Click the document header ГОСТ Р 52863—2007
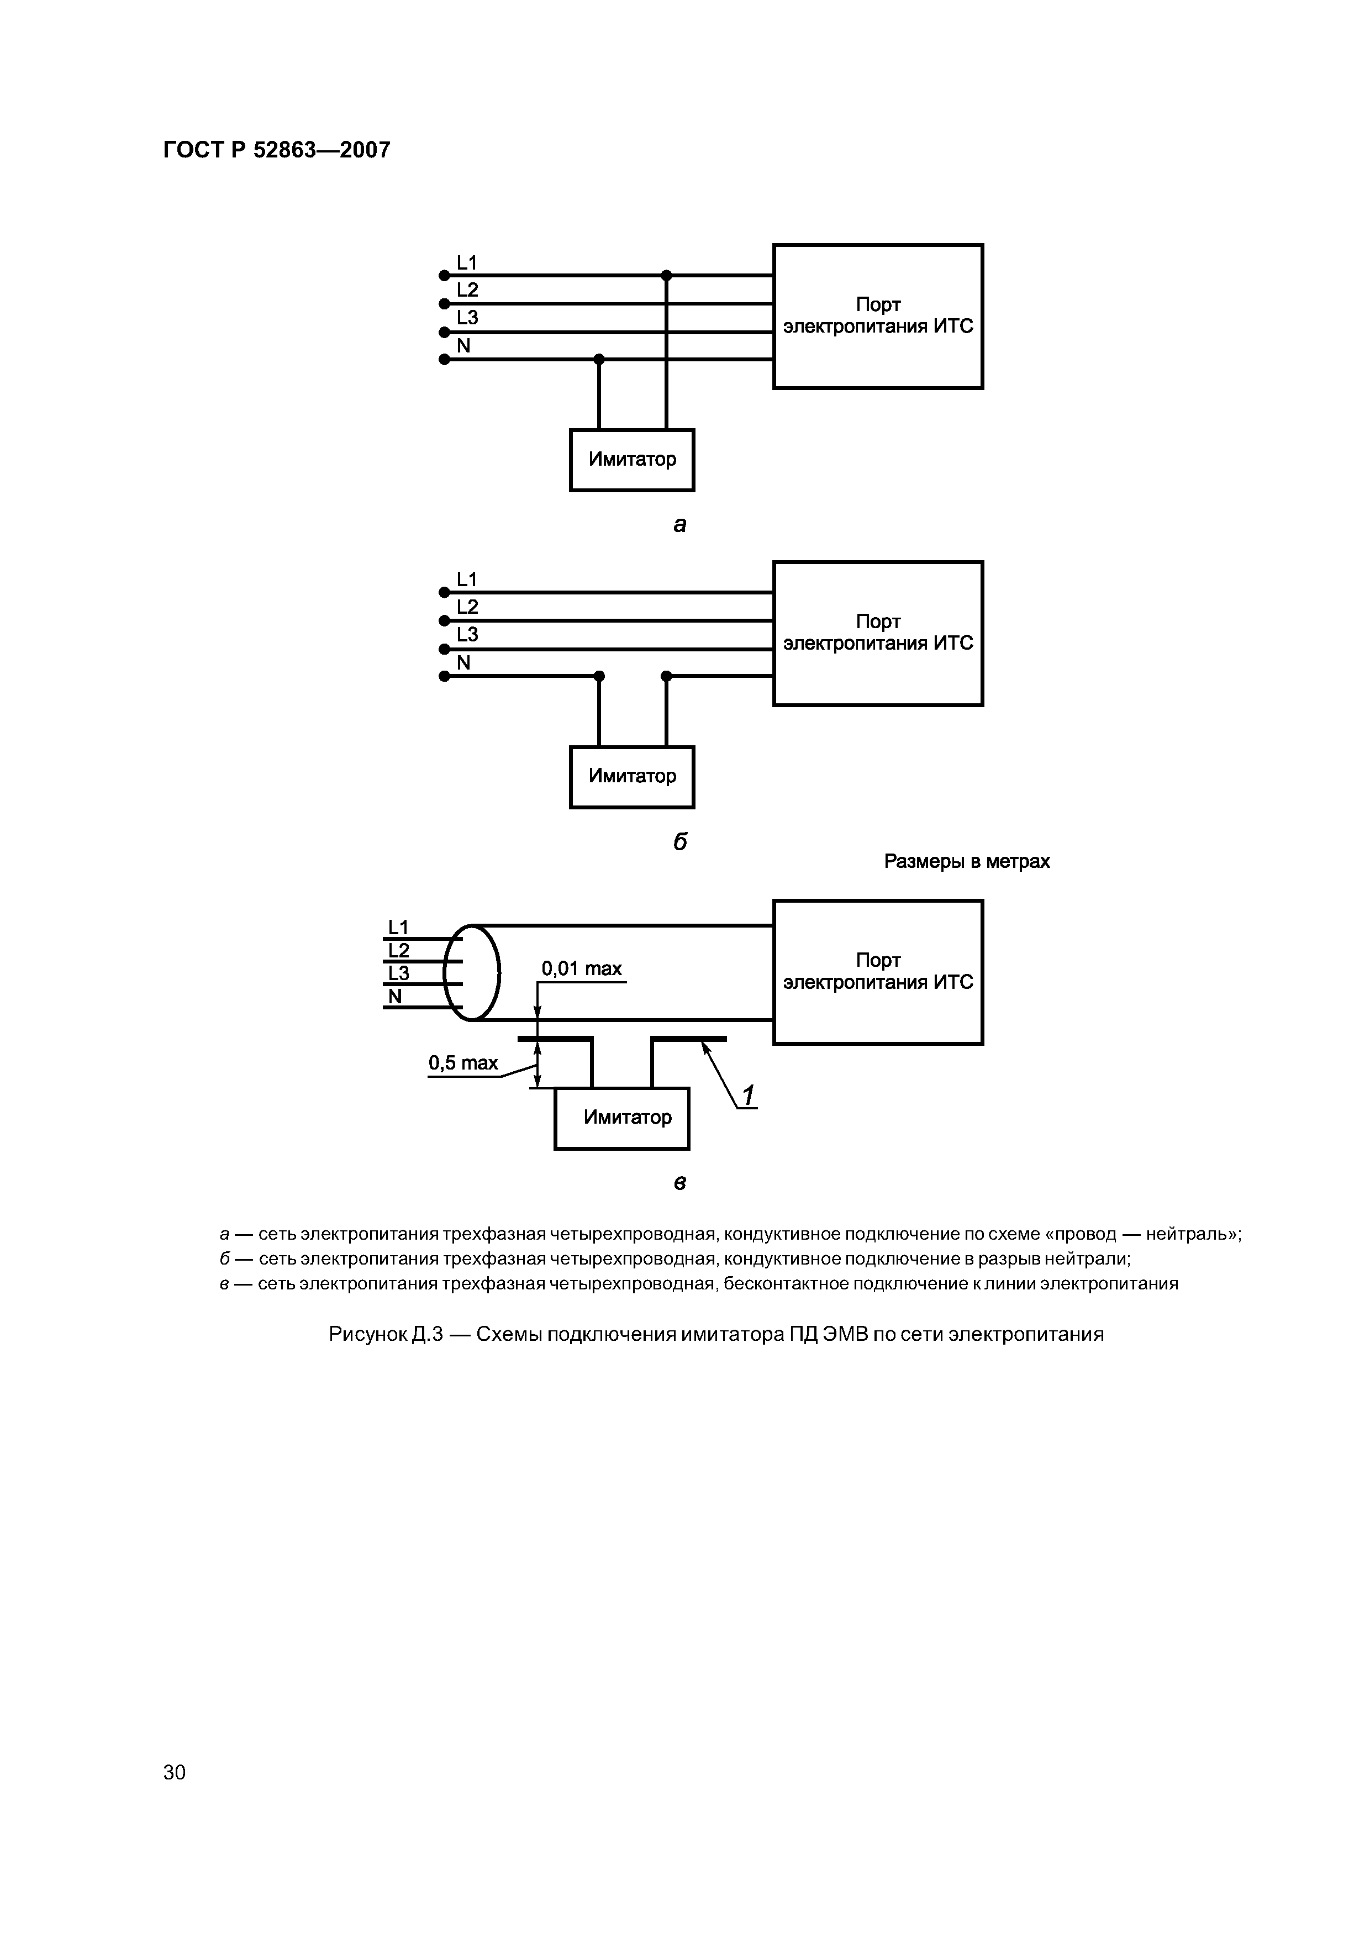pos(276,150)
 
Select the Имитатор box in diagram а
pos(631,460)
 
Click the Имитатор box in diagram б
pos(631,777)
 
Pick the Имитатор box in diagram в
pos(621,1118)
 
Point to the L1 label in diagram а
pos(467,262)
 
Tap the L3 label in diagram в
pos(398,973)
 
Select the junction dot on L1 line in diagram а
pos(666,275)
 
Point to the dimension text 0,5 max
pos(463,1063)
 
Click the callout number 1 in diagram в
pos(748,1095)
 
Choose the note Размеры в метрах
pos(967,862)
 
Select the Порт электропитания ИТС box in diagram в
pos(878,972)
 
